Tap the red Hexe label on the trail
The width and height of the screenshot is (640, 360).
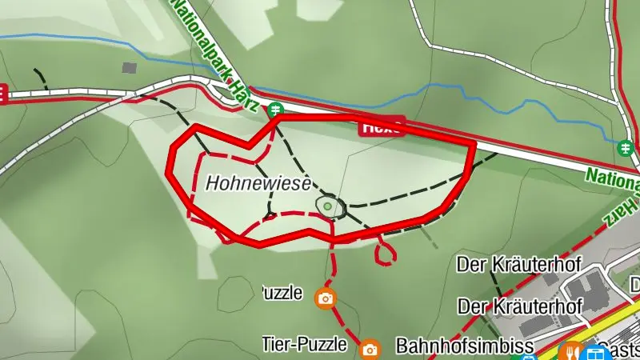click(382, 126)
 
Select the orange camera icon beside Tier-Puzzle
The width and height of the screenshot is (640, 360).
click(370, 349)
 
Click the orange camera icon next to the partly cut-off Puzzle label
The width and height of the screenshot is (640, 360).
click(325, 298)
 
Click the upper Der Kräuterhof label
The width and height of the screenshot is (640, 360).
click(518, 263)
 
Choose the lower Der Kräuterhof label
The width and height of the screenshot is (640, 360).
click(518, 306)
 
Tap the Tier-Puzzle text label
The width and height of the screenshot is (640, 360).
click(305, 345)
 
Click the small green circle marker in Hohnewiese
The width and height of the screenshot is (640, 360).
click(328, 206)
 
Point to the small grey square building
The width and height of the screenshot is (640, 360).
click(130, 67)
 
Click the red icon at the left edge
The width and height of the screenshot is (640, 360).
click(2, 94)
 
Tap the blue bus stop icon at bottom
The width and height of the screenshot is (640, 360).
click(595, 352)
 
